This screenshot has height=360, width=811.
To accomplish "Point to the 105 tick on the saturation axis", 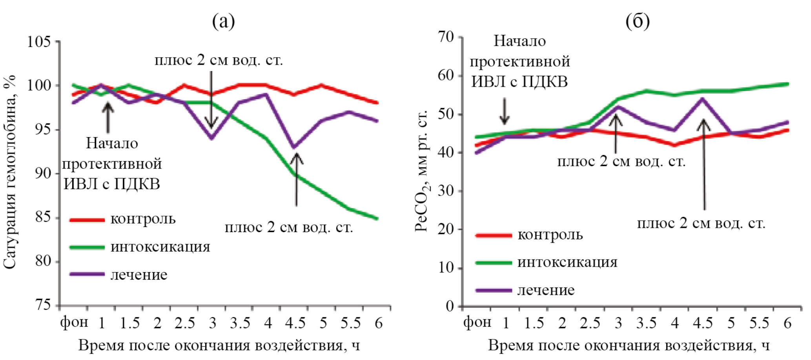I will tap(39, 42).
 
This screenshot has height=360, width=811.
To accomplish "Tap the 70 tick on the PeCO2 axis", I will tap(446, 37).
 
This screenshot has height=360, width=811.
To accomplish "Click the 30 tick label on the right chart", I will tap(446, 191).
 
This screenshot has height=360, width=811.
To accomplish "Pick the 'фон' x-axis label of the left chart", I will tap(74, 322).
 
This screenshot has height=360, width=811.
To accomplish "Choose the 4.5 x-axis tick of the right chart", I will tap(702, 323).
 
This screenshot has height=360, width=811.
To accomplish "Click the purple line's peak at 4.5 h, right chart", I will tap(702, 99).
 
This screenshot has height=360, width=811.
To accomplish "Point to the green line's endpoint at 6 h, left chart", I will tap(377, 218).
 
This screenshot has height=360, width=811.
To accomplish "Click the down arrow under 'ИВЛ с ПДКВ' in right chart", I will tap(505, 111).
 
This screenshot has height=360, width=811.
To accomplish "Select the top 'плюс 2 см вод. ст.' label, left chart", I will tap(219, 60).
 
